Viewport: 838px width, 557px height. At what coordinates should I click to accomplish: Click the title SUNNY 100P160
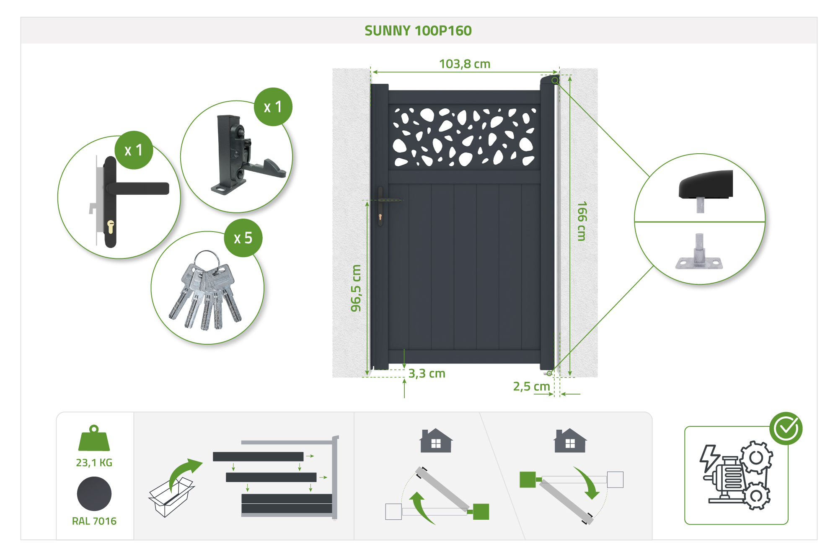coord(418,31)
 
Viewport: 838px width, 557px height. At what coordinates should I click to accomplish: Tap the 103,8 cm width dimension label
coord(464,64)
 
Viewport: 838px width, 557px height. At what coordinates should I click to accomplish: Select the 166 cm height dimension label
coord(582,221)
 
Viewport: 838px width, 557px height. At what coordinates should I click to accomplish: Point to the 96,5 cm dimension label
coord(356,288)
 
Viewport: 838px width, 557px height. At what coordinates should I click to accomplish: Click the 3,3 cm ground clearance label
coord(427,374)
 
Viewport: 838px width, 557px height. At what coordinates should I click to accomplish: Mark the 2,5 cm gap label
coord(531,387)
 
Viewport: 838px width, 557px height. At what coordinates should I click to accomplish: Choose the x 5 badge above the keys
coord(243,238)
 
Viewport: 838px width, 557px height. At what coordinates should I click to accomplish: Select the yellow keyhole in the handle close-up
coord(111,227)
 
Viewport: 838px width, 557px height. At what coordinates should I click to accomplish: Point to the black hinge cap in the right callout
coord(706,185)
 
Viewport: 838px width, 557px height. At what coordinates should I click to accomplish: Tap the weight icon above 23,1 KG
coord(94,438)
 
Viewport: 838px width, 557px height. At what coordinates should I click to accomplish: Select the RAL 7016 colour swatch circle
coord(94,494)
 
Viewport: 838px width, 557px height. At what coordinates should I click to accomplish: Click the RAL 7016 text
coord(94,521)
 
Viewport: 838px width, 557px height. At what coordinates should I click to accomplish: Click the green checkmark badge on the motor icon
coord(786,428)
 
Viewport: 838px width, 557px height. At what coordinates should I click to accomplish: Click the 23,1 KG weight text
coord(94,463)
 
